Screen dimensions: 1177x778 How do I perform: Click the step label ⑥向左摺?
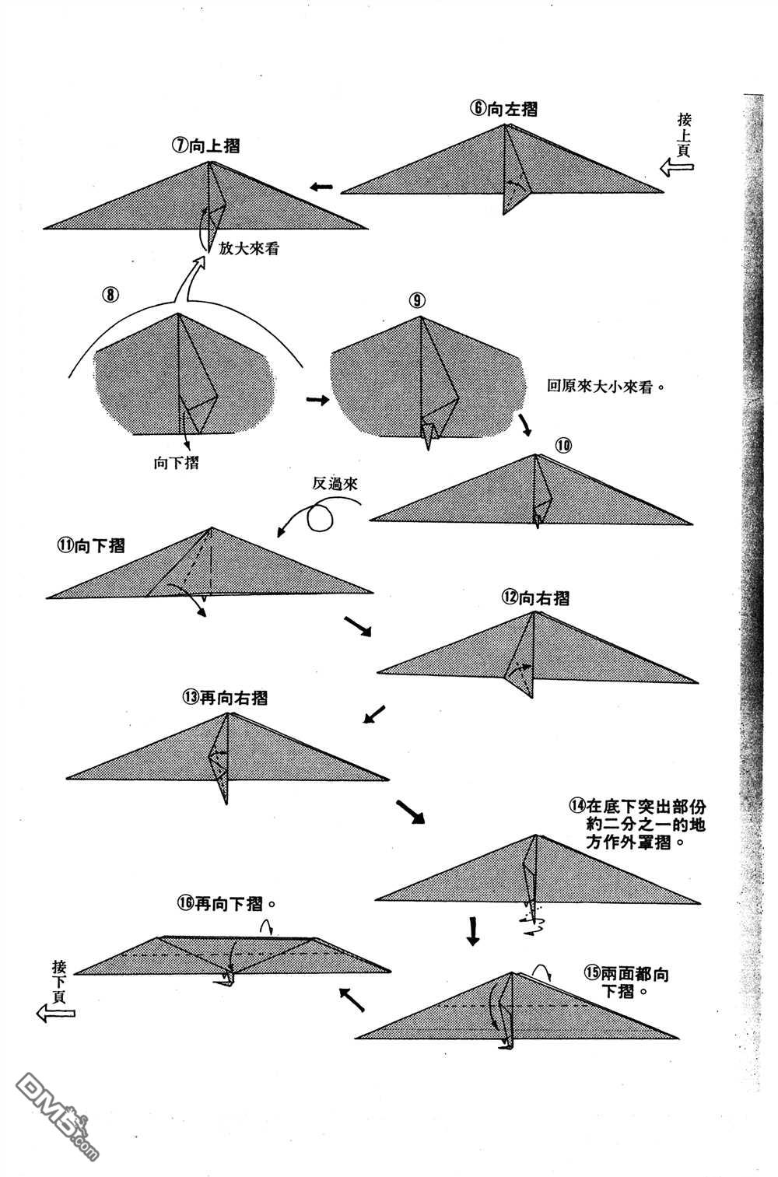[503, 109]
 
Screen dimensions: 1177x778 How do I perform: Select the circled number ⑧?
[110, 294]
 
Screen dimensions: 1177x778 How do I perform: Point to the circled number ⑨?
[418, 300]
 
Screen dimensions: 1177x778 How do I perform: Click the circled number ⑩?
[563, 445]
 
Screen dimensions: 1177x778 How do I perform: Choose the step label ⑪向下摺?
[90, 545]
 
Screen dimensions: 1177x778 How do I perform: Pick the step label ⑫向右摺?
[535, 597]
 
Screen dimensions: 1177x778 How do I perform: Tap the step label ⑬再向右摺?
[225, 697]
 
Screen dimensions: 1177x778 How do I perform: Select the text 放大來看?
[249, 250]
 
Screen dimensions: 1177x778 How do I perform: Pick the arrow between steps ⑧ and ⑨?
[317, 400]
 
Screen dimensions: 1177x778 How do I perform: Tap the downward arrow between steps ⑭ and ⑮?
[472, 930]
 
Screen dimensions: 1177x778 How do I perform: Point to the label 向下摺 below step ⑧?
[176, 463]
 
